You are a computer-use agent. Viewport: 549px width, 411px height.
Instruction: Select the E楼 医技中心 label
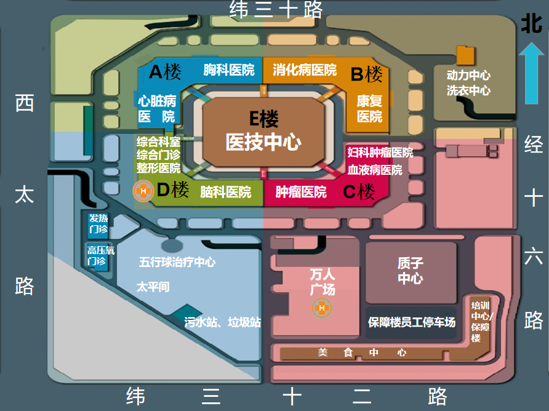point(263,131)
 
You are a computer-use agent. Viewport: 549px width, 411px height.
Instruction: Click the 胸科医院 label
point(229,70)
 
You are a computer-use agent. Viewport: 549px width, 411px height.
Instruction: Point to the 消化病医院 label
point(305,70)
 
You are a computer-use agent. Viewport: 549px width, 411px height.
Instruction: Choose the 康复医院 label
point(369,108)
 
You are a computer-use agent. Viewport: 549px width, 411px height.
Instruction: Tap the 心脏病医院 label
point(157,108)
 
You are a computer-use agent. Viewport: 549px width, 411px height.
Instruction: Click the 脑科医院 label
point(226,192)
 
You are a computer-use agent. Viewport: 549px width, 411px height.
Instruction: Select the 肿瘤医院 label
point(301,192)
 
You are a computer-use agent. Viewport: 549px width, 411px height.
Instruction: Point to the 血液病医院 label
point(375,170)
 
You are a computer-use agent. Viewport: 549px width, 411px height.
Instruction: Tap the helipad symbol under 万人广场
point(321,308)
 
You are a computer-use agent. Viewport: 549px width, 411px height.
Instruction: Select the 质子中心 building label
point(411,271)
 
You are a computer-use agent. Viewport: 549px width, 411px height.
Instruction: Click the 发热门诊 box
point(98,224)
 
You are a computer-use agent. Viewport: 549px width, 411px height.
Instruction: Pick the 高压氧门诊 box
point(100,256)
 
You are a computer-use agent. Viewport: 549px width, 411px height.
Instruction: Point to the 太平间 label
point(153,287)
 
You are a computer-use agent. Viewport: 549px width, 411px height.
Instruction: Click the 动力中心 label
point(468,76)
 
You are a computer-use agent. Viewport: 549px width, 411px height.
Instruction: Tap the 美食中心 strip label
point(363,353)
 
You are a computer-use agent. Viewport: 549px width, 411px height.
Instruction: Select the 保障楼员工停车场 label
point(412,322)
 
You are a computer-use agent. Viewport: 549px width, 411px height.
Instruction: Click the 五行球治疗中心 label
point(177,262)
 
